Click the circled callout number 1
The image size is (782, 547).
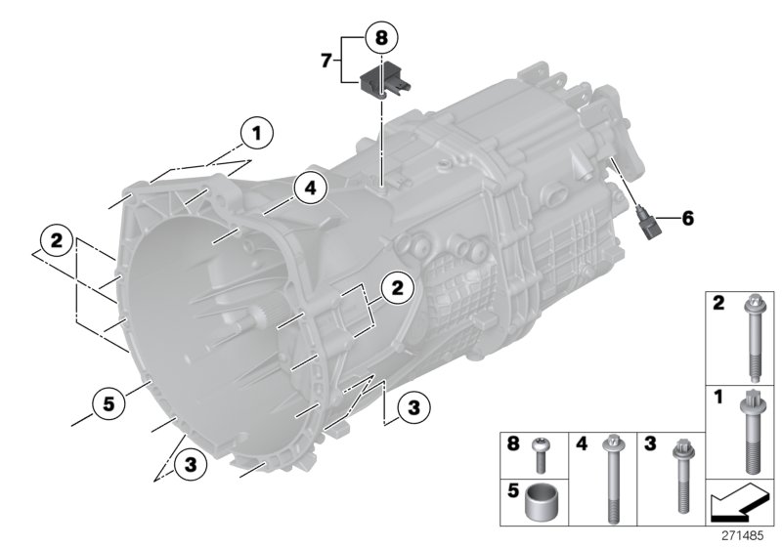point(256,131)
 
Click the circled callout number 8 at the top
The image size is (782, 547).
point(381,38)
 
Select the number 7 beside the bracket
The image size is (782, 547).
point(326,61)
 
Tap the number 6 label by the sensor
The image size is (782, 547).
point(688,219)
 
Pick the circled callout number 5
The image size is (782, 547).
point(108,400)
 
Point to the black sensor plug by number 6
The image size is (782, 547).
point(644,221)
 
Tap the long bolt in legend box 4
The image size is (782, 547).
point(614,475)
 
